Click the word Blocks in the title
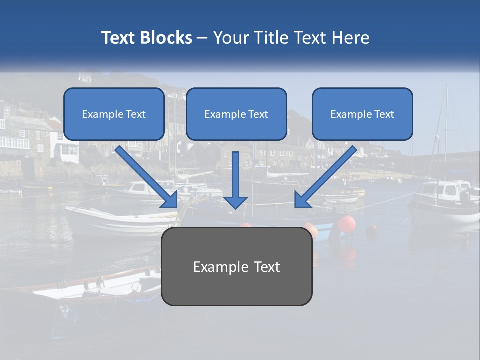(167, 38)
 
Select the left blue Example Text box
(114, 114)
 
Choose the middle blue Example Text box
(236, 114)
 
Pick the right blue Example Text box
(362, 114)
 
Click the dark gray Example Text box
(237, 266)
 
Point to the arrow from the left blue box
(145, 175)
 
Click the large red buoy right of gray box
(346, 223)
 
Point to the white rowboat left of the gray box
(120, 220)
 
